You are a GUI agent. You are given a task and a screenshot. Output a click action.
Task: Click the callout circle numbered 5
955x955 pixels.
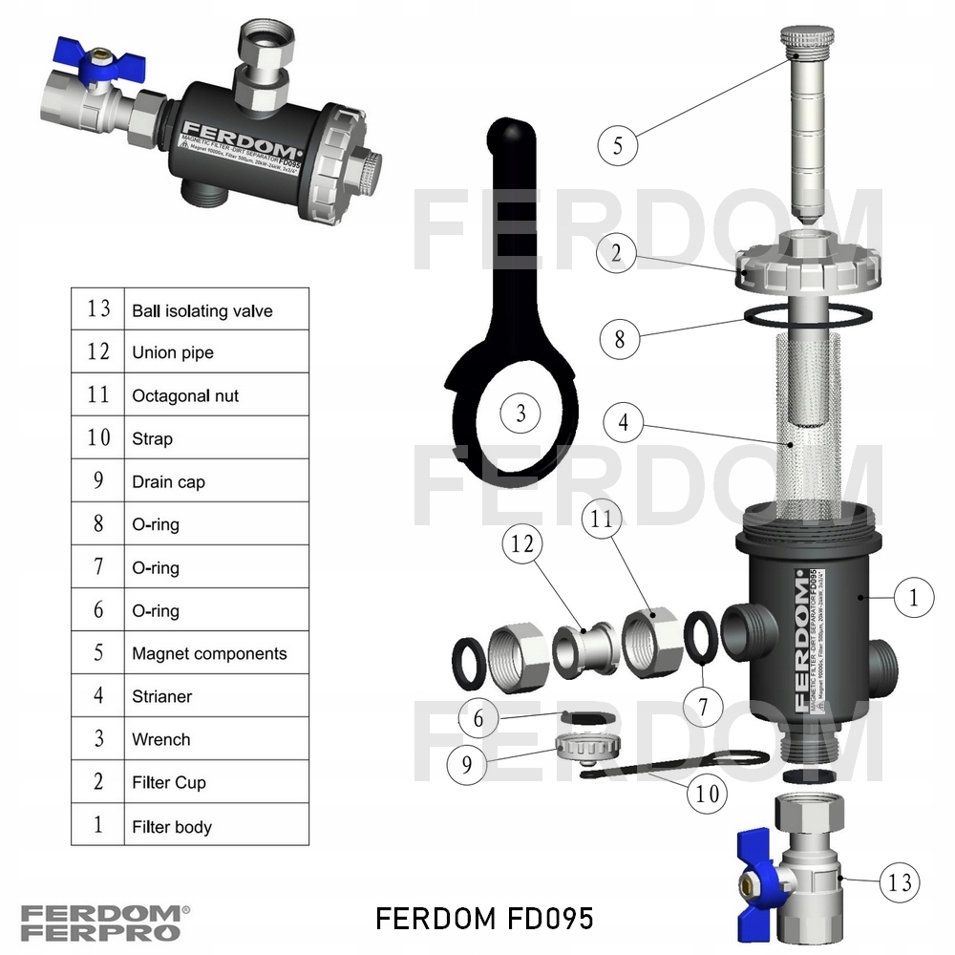[618, 146]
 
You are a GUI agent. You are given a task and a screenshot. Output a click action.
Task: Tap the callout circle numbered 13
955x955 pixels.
[900, 881]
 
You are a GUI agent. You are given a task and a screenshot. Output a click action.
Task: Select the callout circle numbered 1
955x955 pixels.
[914, 599]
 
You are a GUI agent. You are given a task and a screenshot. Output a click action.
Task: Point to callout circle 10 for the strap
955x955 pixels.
[708, 795]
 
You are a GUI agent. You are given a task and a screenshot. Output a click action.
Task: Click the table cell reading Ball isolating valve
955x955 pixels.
[202, 310]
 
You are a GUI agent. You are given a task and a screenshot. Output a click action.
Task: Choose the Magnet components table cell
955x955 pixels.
[209, 654]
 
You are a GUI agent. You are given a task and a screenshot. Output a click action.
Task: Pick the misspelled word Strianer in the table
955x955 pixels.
[161, 697]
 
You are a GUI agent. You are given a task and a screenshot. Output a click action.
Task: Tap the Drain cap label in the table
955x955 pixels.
[168, 482]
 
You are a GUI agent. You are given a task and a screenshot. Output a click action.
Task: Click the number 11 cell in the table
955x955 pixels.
[98, 395]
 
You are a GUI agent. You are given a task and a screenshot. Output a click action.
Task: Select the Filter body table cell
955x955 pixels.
[172, 827]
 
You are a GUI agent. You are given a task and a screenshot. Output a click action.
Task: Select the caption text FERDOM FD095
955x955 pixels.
[484, 919]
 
